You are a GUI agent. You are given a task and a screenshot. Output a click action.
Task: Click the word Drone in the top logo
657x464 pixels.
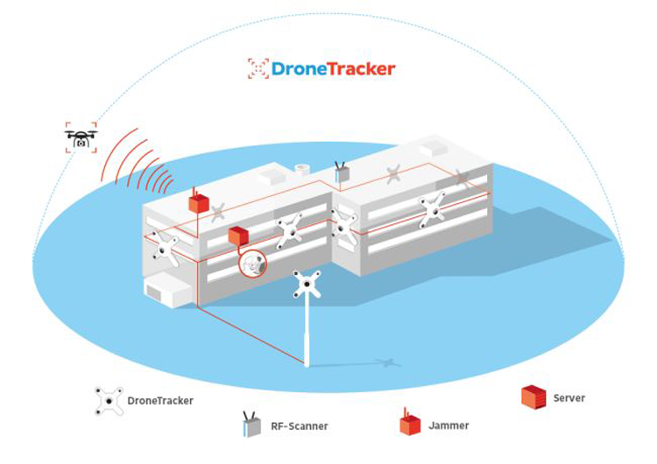click(x=298, y=68)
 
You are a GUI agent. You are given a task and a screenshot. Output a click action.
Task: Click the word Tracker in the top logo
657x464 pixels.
click(x=359, y=68)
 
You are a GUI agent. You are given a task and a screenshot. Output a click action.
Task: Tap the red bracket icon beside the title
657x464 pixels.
click(x=258, y=68)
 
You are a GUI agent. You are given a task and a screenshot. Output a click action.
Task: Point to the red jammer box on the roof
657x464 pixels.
click(x=199, y=202)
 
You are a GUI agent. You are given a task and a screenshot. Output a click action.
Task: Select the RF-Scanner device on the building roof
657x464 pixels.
click(x=342, y=172)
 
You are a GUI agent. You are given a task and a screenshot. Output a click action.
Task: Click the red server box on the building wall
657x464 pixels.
click(x=237, y=236)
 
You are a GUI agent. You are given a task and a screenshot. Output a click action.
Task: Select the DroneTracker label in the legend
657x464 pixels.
click(x=159, y=401)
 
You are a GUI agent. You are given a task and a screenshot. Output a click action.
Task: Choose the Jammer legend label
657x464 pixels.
click(x=449, y=425)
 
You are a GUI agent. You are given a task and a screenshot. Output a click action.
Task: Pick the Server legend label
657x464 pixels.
click(x=569, y=397)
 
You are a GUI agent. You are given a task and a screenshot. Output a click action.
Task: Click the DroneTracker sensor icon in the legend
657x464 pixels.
click(x=109, y=401)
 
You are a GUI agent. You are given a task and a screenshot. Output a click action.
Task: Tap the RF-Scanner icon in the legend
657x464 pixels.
click(x=251, y=425)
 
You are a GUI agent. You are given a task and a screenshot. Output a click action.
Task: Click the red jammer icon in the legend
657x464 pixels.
click(x=409, y=423)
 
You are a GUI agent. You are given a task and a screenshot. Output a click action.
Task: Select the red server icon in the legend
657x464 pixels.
click(x=533, y=397)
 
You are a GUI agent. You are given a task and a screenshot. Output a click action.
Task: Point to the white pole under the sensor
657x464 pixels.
click(x=307, y=333)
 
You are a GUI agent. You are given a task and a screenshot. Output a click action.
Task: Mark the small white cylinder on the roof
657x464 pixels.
click(x=304, y=168)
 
